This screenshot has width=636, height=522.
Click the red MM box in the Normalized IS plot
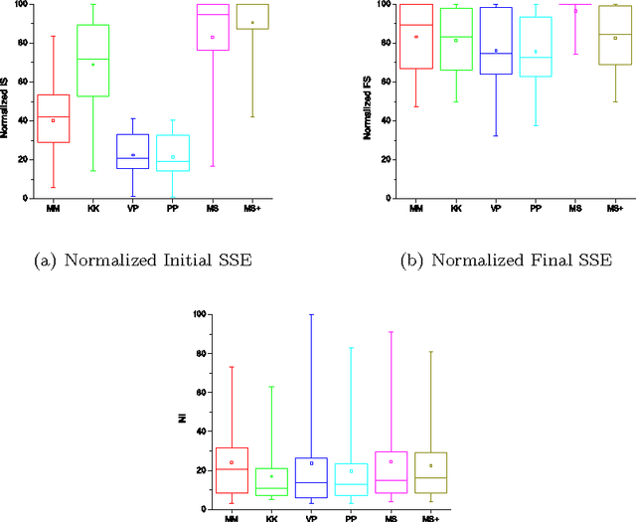tap(53, 118)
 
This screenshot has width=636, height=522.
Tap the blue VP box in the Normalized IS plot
tap(132, 151)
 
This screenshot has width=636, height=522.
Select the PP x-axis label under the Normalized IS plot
tap(172, 209)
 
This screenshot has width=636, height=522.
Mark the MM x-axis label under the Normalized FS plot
tap(415, 209)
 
